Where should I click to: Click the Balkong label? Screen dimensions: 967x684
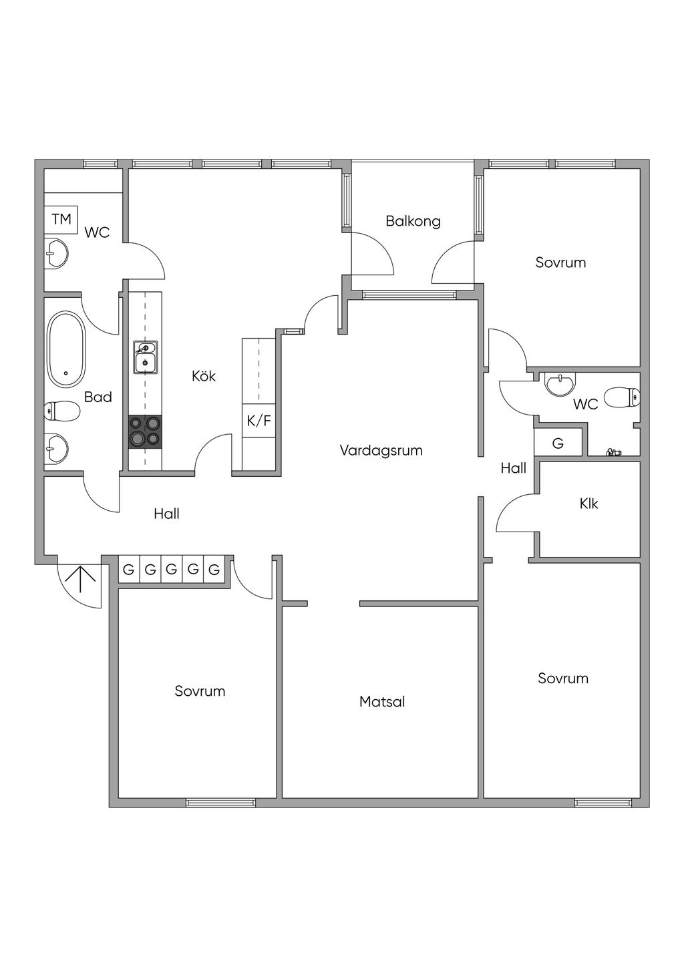[413, 221]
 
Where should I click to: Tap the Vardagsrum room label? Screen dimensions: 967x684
[381, 450]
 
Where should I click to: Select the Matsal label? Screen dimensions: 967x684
[382, 702]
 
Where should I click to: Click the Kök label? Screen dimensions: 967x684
[204, 376]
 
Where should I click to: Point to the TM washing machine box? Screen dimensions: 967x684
[61, 219]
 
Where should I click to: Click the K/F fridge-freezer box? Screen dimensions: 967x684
[259, 421]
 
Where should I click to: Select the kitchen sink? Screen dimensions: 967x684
[145, 358]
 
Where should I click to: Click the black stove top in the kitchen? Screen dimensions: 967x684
[145, 431]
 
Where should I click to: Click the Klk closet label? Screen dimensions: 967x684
[588, 504]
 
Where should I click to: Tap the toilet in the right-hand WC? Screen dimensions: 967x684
[621, 398]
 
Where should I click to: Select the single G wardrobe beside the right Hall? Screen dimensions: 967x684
[558, 443]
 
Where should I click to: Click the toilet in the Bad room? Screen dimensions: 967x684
[60, 411]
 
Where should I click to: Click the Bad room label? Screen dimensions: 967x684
[98, 397]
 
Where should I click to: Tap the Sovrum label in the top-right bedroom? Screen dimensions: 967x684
[560, 262]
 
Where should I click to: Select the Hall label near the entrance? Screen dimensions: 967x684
[166, 514]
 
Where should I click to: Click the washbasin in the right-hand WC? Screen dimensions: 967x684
[558, 384]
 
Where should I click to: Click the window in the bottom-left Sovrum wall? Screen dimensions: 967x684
[220, 802]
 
